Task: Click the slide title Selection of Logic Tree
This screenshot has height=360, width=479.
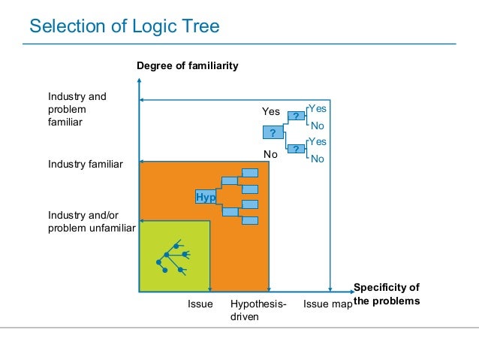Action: coord(124,27)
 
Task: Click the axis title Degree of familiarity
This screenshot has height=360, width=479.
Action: coord(187,66)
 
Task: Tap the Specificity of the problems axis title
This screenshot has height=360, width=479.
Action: coord(386,294)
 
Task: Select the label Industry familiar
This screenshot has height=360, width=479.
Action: coord(86,163)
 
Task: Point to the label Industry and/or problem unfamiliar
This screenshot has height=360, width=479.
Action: coord(91,222)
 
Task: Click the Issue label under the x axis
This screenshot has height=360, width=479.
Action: coord(200,304)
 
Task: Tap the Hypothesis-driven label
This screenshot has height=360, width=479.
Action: coord(258,310)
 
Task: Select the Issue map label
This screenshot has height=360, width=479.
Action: coord(327,304)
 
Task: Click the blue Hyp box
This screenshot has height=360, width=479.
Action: coord(205,196)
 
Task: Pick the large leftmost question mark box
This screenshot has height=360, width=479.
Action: coord(273,133)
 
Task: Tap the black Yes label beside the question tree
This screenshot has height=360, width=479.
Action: coord(270,111)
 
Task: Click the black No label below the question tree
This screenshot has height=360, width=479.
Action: coord(270,154)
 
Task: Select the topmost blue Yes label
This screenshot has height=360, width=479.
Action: coord(318,108)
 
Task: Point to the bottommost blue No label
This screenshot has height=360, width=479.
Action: coord(318,159)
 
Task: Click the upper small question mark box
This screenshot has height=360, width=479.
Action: coord(297,116)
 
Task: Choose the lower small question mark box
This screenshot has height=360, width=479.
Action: coord(297,149)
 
